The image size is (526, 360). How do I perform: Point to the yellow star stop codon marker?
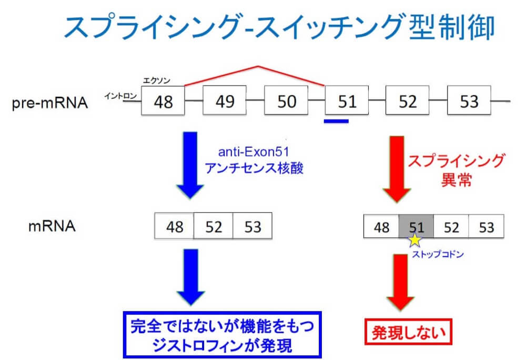(x=415, y=241)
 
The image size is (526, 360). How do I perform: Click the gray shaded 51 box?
(x=416, y=227)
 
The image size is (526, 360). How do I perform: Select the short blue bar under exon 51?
(x=337, y=122)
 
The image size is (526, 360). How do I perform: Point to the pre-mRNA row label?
(x=50, y=102)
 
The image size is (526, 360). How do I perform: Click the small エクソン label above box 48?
(x=158, y=81)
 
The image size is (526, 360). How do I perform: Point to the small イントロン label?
(x=120, y=95)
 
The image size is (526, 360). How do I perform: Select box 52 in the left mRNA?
(x=213, y=227)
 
